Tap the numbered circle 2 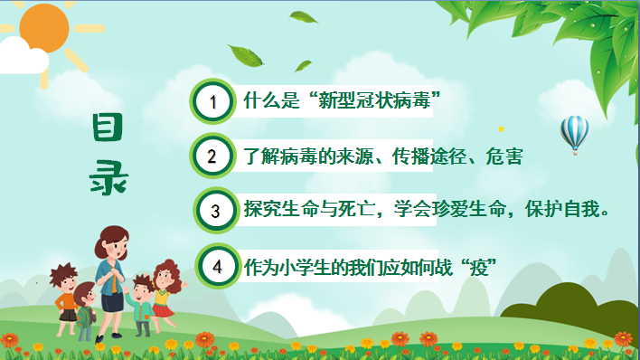(212, 156)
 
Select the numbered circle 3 (215, 212)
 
